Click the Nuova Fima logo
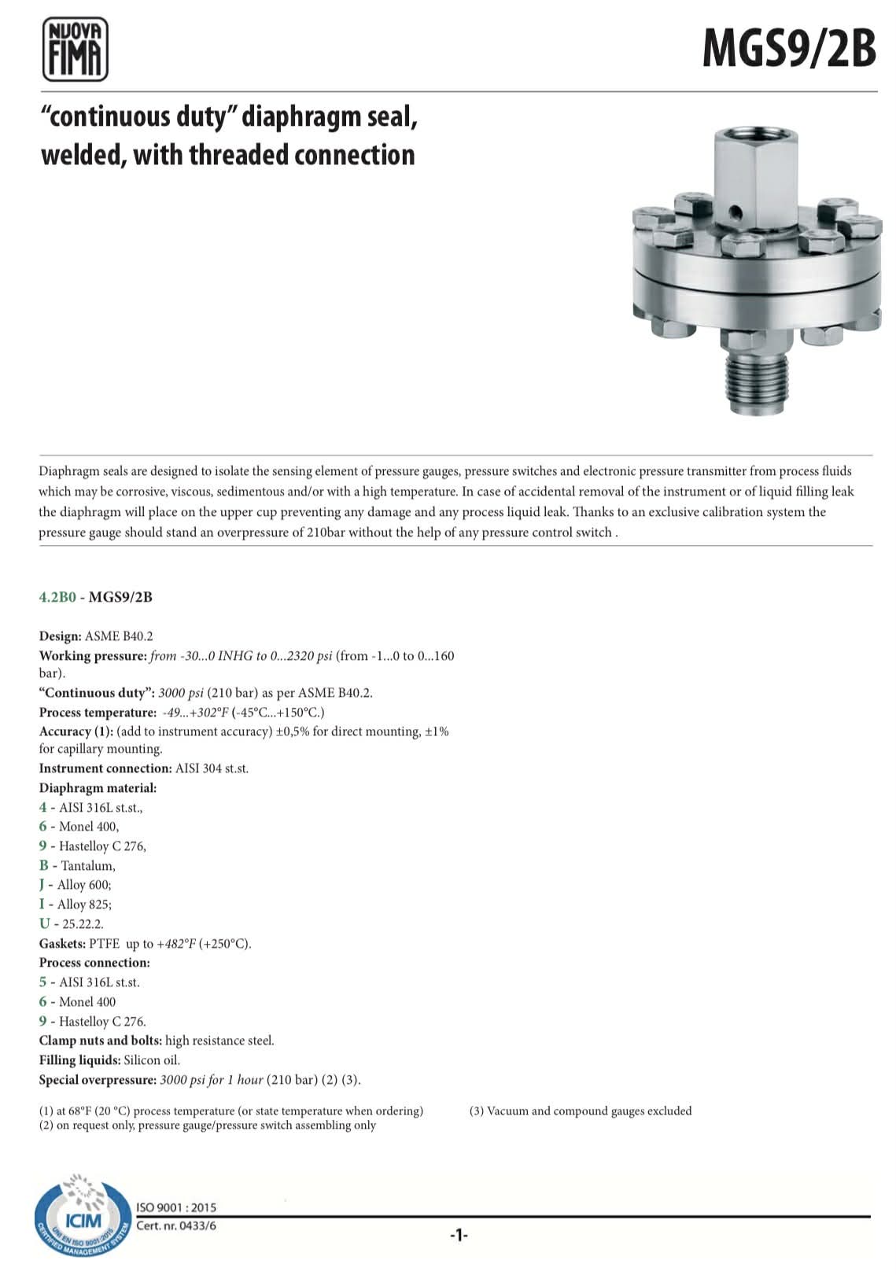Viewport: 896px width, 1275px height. [x=75, y=50]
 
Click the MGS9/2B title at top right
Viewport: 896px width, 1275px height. [x=788, y=48]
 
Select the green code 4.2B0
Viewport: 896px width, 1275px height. [x=57, y=597]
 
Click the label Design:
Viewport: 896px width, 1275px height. [x=60, y=636]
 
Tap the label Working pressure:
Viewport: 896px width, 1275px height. [x=93, y=656]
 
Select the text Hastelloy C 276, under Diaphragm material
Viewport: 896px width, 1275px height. [x=102, y=846]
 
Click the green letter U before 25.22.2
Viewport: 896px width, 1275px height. [x=44, y=924]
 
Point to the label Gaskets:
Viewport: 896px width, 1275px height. [x=62, y=944]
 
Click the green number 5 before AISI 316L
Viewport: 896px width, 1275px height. [x=43, y=982]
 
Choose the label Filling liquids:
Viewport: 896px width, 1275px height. [x=79, y=1060]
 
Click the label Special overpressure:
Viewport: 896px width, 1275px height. [x=98, y=1080]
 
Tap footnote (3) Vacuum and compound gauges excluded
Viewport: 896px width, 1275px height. [x=581, y=1111]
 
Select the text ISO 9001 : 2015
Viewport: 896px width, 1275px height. [x=176, y=1207]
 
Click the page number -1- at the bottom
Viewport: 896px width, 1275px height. [x=459, y=1236]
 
